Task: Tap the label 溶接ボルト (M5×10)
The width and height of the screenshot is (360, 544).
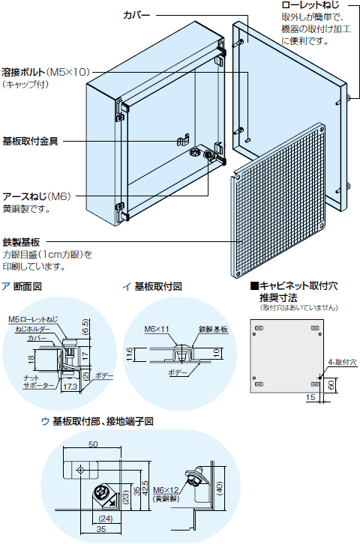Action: [x=46, y=72]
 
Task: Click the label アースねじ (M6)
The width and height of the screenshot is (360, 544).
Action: [x=36, y=196]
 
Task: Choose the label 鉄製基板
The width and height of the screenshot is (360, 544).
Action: [x=22, y=243]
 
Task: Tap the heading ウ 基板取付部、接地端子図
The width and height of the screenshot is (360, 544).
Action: [x=97, y=422]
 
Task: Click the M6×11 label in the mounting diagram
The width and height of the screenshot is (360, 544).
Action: [x=156, y=329]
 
